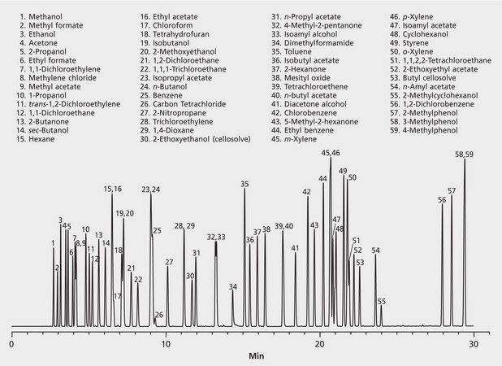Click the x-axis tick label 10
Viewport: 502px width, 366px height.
(166, 343)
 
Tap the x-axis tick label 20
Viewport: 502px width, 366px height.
(321, 343)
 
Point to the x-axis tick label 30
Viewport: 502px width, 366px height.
(476, 343)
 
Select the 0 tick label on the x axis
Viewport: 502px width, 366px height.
(11, 343)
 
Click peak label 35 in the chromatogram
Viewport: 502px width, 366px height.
(245, 185)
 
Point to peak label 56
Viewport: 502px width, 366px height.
(442, 200)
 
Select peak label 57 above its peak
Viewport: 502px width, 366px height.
(452, 191)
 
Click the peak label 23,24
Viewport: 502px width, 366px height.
(151, 190)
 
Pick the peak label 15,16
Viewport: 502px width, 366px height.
(112, 189)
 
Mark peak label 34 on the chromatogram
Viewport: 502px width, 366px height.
(233, 287)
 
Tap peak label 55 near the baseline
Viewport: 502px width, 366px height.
(382, 302)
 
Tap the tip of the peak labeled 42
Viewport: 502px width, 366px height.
(308, 198)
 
